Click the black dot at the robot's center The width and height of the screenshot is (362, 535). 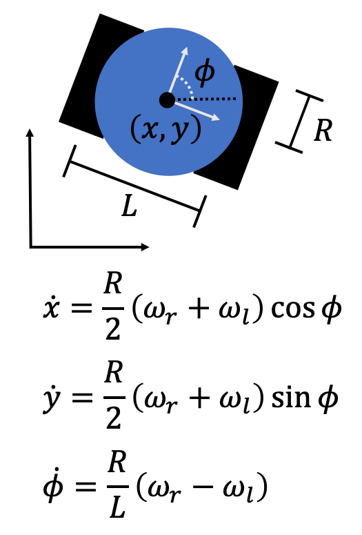[166, 100]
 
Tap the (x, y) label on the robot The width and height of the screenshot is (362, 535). [166, 129]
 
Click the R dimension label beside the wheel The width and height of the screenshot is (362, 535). [322, 130]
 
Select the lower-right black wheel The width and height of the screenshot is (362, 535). [245, 128]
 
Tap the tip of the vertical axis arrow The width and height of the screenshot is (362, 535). [30, 130]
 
